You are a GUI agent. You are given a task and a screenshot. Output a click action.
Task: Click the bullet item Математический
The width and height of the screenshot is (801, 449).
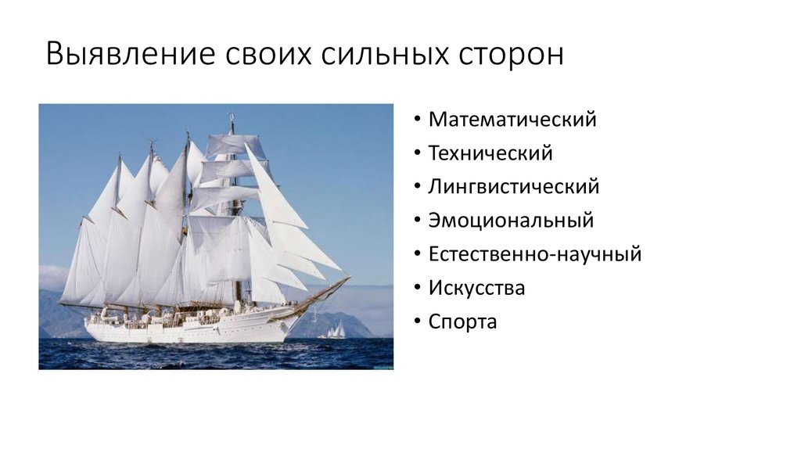point(512,120)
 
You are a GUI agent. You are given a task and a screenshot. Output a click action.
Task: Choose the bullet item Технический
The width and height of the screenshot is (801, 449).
point(490,153)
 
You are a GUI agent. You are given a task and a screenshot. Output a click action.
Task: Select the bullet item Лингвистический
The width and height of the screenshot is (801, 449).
point(514,187)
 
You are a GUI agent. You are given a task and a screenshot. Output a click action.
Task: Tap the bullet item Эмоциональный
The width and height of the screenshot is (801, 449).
point(511,221)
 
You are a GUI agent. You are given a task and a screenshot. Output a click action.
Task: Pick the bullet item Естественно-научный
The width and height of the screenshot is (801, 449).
point(535,254)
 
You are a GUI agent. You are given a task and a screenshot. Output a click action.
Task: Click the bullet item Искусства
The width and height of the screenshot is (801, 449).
point(476,288)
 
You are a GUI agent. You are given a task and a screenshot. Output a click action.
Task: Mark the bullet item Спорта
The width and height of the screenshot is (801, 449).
point(462,321)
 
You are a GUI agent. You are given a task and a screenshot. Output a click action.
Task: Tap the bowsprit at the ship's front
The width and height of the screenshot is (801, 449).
point(329,290)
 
